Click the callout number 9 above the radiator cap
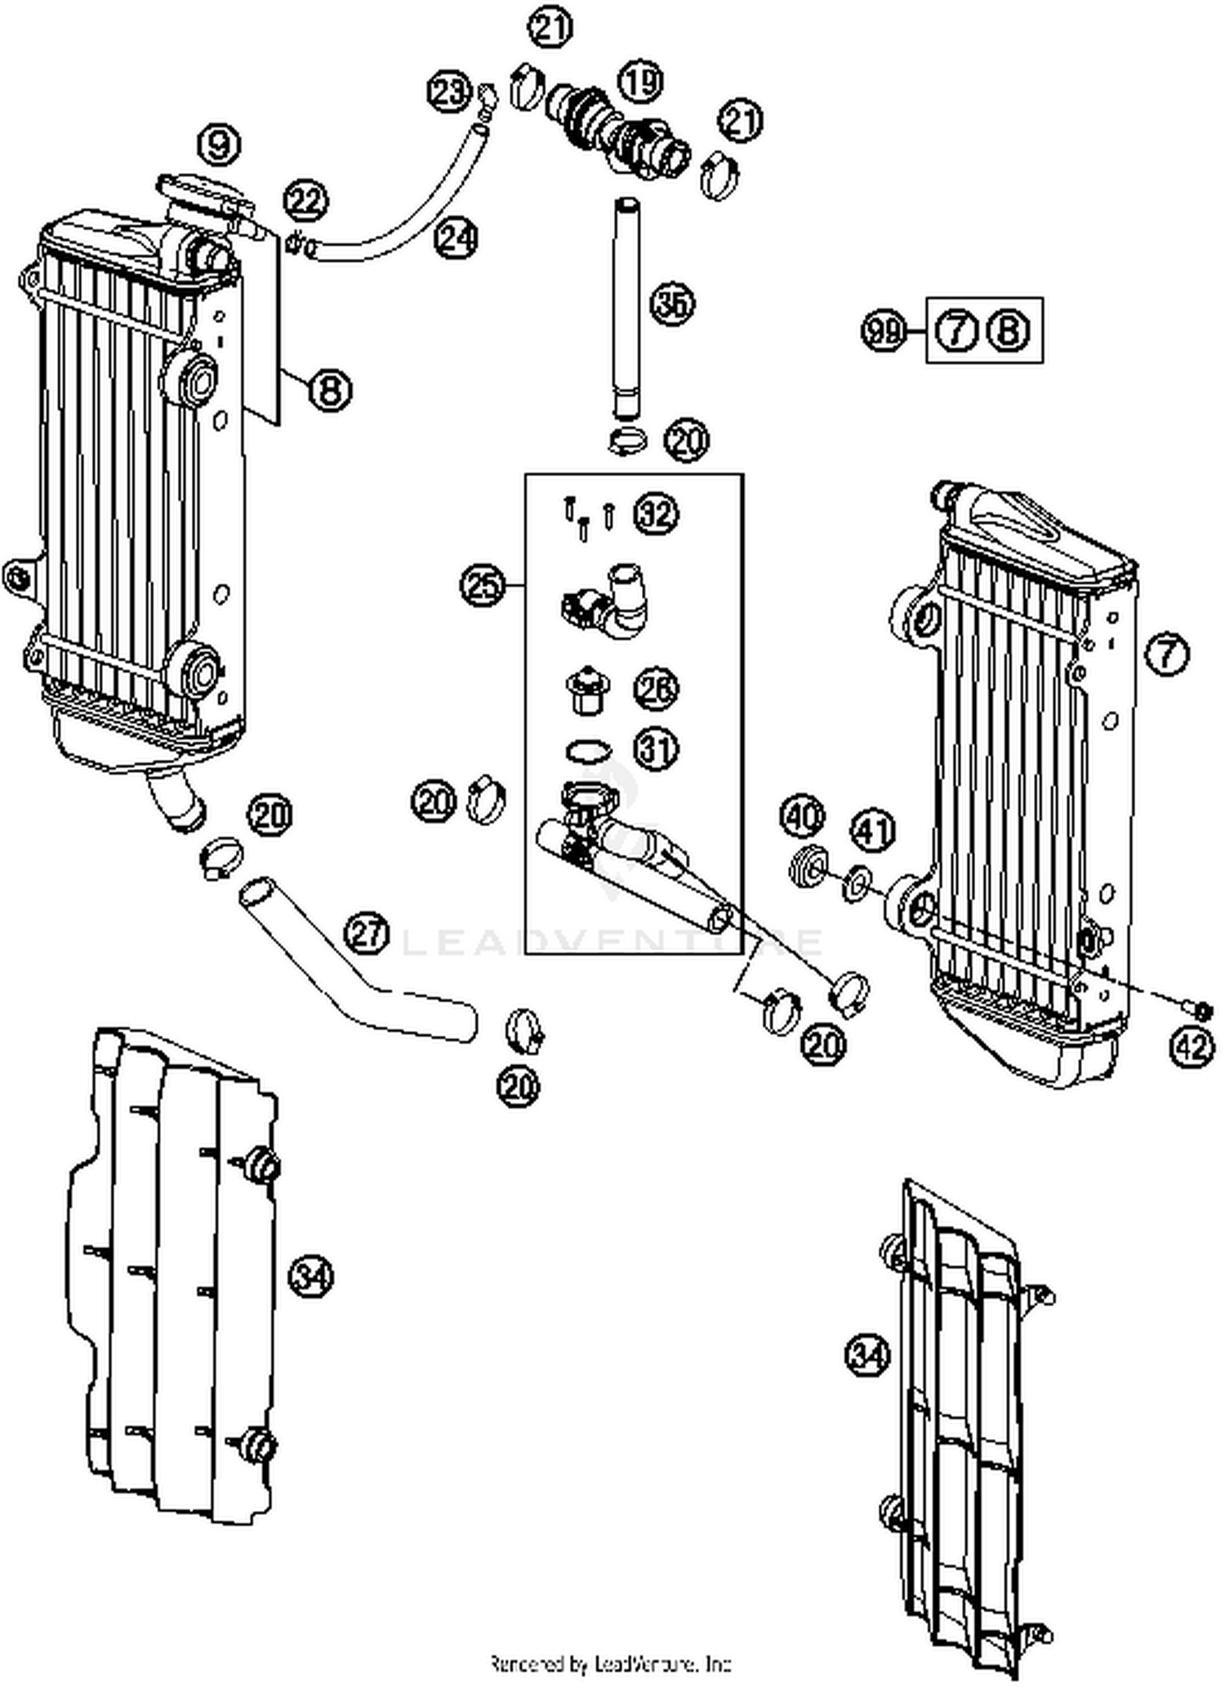pos(218,145)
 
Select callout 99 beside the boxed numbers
pos(884,332)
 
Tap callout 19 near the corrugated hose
pos(641,82)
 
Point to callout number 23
pos(449,91)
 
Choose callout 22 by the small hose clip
pos(306,201)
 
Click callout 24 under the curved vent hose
pos(456,238)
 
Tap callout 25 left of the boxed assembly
pos(482,586)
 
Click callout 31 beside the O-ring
pos(657,749)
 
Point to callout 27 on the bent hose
pos(367,933)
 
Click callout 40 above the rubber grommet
pos(803,817)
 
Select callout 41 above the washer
pos(873,832)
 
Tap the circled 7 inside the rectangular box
pos(957,331)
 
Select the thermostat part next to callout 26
pos(585,691)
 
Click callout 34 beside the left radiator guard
pos(311,1275)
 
